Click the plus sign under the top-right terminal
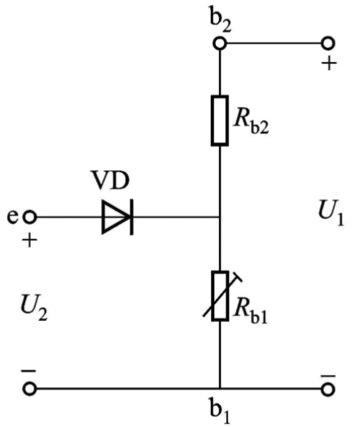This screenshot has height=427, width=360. (x=329, y=64)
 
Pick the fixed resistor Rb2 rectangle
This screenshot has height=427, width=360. (x=220, y=121)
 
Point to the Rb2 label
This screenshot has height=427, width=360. (x=251, y=123)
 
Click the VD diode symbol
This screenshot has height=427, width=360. (x=118, y=217)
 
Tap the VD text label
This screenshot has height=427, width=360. (x=110, y=180)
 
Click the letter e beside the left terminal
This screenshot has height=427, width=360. (x=12, y=217)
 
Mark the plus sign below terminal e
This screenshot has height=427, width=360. (x=29, y=240)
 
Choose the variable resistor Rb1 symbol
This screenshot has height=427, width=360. (x=221, y=296)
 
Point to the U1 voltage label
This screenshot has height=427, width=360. (x=331, y=213)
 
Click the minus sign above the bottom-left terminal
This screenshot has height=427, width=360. (x=29, y=371)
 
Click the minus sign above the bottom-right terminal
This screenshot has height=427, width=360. (x=328, y=376)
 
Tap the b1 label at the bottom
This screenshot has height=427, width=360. (x=219, y=411)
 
